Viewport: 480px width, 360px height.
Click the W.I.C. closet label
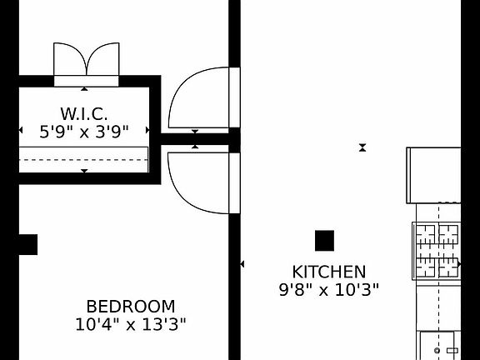click(83, 113)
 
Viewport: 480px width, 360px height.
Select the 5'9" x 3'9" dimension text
click(83, 131)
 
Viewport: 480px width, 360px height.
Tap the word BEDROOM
click(131, 306)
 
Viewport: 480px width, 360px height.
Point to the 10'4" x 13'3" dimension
click(131, 324)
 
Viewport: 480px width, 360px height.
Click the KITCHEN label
click(328, 272)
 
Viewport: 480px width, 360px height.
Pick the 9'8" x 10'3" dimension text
click(328, 290)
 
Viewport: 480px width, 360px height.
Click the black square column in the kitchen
click(324, 241)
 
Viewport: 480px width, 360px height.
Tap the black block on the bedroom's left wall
click(27, 244)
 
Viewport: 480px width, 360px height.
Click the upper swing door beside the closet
click(202, 98)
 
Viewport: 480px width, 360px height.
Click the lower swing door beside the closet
click(202, 182)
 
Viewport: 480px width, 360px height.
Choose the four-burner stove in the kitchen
click(437, 251)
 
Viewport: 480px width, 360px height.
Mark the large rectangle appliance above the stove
click(433, 175)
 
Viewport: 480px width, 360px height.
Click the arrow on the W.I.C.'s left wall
click(21, 131)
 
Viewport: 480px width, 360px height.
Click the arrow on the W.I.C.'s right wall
click(148, 131)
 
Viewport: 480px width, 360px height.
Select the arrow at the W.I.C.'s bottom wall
click(84, 171)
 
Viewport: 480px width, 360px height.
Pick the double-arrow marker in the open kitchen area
click(362, 147)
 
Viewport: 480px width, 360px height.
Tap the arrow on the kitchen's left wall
click(242, 264)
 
